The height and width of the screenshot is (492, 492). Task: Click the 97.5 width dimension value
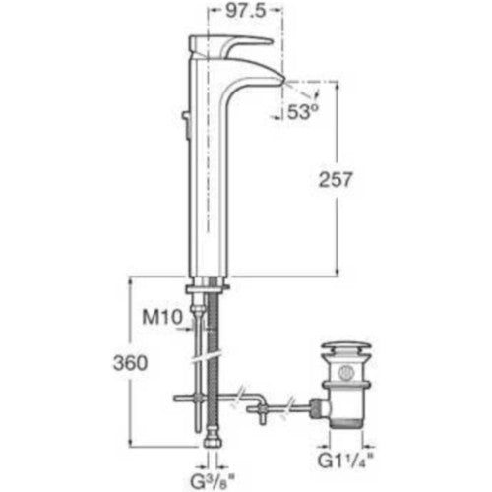coord(245,12)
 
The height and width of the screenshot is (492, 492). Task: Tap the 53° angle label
coord(303,112)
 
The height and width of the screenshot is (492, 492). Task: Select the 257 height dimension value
coord(336,180)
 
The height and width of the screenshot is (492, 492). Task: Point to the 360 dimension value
coord(131,363)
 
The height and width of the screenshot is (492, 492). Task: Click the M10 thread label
coord(162,317)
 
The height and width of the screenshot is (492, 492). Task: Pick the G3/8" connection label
coord(214,482)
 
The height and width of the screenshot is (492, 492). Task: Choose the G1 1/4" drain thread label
coord(345,461)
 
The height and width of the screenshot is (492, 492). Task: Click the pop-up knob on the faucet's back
coord(186,115)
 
